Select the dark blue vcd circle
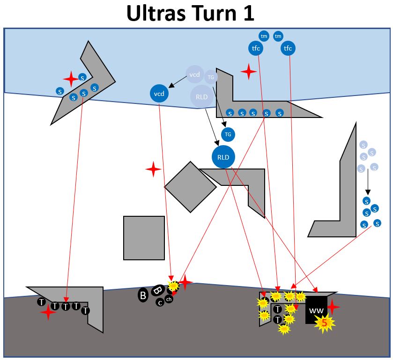pyautogui.click(x=159, y=94)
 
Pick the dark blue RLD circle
pyautogui.click(x=223, y=157)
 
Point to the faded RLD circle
pyautogui.click(x=202, y=97)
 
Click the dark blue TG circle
pyautogui.click(x=228, y=134)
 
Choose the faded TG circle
pyautogui.click(x=211, y=77)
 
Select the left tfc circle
pyautogui.click(x=256, y=48)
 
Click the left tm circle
pyautogui.click(x=264, y=36)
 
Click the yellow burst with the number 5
pyautogui.click(x=324, y=322)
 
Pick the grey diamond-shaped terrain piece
pyautogui.click(x=190, y=187)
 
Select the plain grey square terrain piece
pyautogui.click(x=144, y=238)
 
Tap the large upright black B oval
pyautogui.click(x=143, y=295)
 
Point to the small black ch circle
pyautogui.click(x=169, y=300)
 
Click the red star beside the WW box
pyautogui.click(x=333, y=307)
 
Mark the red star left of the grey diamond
pyautogui.click(x=153, y=169)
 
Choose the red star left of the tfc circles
pyautogui.click(x=249, y=72)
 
